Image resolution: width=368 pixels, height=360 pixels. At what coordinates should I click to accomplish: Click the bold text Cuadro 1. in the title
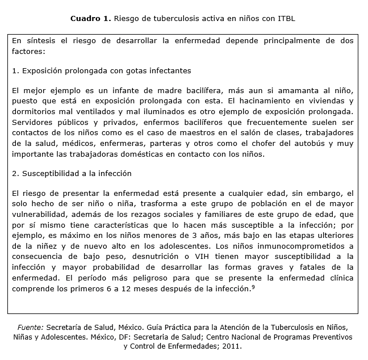click(x=90, y=18)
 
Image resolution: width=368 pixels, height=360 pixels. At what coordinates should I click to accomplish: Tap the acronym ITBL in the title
click(x=286, y=18)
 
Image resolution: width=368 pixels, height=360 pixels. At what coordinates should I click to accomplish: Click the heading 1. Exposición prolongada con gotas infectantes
click(x=101, y=70)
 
